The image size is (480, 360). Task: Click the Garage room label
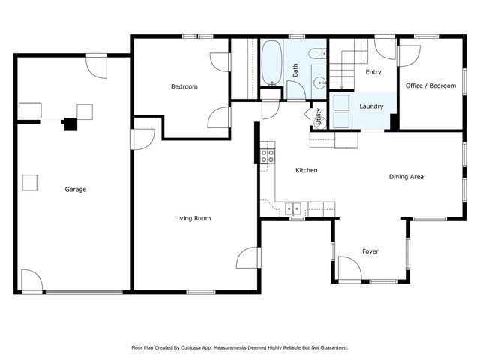[x=75, y=190]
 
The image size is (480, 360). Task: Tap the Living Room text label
[x=193, y=219]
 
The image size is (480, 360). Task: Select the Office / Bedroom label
[x=430, y=86]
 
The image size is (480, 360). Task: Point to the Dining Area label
[x=406, y=177]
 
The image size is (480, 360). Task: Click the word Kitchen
[x=306, y=171]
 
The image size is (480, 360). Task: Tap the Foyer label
[x=370, y=251]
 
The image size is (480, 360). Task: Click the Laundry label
[x=371, y=106]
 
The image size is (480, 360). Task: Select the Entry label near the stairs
[x=373, y=73]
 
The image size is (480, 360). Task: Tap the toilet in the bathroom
[x=318, y=52]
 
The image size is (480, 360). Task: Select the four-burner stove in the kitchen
[x=266, y=156]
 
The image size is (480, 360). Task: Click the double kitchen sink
[x=292, y=208]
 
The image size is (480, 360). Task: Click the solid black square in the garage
[x=70, y=124]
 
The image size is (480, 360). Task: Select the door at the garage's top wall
[x=97, y=66]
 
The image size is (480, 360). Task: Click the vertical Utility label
[x=319, y=117]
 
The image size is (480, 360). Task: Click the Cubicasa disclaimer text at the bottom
[x=240, y=347]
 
